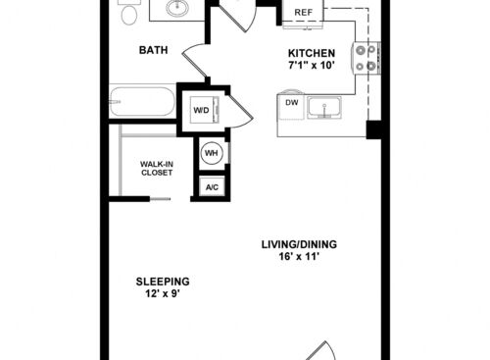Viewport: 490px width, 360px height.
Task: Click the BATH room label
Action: pos(153,50)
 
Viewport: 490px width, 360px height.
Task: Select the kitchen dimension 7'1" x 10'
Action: pos(312,66)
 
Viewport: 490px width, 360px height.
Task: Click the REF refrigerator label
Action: pos(304,13)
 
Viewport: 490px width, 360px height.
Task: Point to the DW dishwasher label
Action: pos(292,102)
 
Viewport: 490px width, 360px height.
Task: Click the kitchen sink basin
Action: pos(324,108)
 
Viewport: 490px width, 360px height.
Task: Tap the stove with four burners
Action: pos(367,58)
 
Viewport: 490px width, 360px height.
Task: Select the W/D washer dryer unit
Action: pos(205,110)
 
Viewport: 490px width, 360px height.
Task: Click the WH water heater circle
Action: pos(212,153)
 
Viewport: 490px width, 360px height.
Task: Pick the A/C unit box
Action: pos(212,187)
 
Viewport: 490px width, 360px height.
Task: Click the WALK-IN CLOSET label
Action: pos(157,168)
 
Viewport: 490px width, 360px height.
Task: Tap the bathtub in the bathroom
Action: pos(142,101)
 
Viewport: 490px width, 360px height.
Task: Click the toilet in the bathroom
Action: pos(129,12)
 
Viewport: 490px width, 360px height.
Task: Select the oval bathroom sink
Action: pos(177,7)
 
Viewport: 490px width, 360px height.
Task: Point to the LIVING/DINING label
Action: pos(299,244)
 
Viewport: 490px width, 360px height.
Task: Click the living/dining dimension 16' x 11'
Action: pos(299,256)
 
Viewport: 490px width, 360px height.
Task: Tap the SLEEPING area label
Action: pos(163,282)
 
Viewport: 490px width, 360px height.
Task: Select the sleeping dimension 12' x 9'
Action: pos(163,293)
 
